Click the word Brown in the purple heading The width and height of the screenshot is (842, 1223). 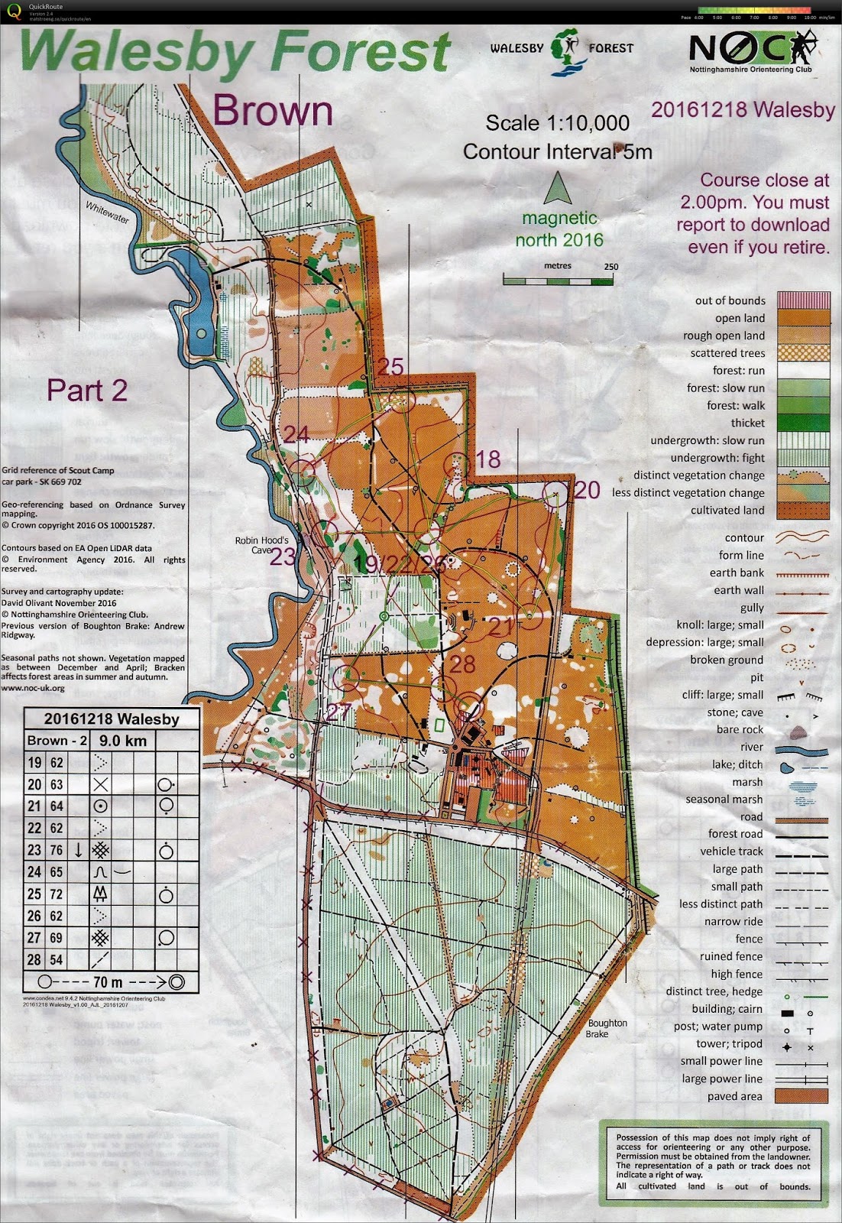click(x=273, y=112)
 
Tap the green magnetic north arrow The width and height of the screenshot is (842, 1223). click(x=559, y=187)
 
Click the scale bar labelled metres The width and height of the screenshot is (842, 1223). click(x=558, y=281)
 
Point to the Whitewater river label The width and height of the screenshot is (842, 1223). click(x=108, y=211)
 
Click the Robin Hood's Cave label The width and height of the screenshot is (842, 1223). click(x=262, y=544)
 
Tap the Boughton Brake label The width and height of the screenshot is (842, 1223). click(x=607, y=1028)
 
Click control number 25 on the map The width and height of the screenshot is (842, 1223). click(x=390, y=367)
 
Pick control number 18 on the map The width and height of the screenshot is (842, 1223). click(x=488, y=459)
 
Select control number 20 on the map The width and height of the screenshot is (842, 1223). click(x=587, y=490)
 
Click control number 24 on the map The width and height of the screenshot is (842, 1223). click(x=296, y=435)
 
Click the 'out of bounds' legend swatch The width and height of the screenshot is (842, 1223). click(x=802, y=300)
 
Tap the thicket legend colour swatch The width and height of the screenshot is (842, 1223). click(x=802, y=423)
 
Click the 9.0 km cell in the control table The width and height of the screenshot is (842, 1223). click(x=123, y=741)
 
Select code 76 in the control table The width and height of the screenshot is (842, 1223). click(x=57, y=850)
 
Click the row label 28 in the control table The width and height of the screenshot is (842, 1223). click(x=34, y=959)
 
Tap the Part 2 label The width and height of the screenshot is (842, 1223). click(x=86, y=390)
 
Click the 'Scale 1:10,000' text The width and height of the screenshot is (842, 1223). click(x=557, y=123)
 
